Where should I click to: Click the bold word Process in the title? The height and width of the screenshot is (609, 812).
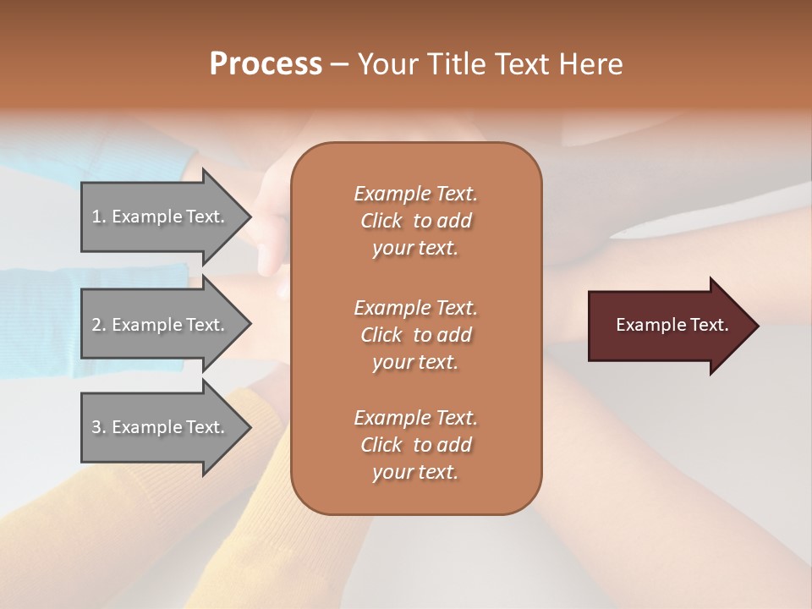pos(266,64)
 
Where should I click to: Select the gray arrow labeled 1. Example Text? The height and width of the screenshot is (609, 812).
pos(161,217)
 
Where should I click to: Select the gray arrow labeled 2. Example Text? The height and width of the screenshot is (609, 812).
pos(161,325)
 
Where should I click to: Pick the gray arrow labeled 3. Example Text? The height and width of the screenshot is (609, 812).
pos(161,427)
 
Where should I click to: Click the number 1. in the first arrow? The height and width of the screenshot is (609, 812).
pos(99,217)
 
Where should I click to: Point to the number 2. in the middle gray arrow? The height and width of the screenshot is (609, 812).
pos(99,325)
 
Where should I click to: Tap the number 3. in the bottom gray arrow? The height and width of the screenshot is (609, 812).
pos(99,427)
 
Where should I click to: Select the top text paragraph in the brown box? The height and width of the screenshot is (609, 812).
pos(415,221)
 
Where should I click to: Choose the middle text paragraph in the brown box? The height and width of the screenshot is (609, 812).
pos(415,335)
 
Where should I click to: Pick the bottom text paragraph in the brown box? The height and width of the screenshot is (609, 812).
pos(415,445)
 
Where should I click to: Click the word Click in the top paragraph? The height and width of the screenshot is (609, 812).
pos(381,221)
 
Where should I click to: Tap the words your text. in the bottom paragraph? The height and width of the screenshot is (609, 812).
pos(415,472)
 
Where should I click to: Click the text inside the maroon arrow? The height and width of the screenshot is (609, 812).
pos(672,325)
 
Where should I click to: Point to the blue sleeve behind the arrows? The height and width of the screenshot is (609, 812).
pos(42,321)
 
